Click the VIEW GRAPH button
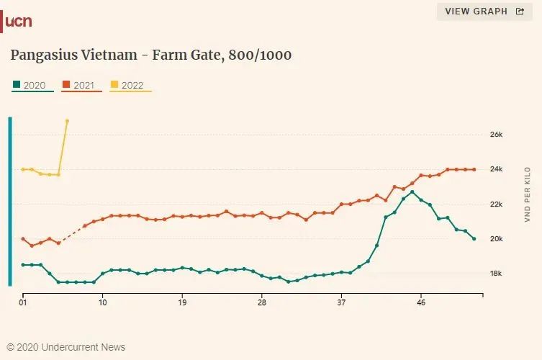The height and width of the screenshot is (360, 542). (484, 12)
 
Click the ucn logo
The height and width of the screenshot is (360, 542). (18, 22)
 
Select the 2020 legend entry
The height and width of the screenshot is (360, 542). (34, 85)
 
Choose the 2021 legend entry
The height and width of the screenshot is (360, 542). (83, 85)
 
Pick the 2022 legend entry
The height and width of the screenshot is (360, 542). (132, 85)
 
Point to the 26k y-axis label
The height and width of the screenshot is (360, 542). (495, 135)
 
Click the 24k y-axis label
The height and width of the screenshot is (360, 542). (495, 169)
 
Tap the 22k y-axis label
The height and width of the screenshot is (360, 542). (495, 204)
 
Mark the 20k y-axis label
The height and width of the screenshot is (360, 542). (495, 239)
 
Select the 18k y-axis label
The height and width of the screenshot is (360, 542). (495, 274)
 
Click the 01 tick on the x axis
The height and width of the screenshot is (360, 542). (23, 303)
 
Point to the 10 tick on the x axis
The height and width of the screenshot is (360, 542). (103, 303)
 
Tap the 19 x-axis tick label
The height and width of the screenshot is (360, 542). (183, 303)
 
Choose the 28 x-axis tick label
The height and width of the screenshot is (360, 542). (262, 303)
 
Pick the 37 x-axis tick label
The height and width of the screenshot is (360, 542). (342, 303)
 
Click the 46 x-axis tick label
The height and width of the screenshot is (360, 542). (421, 303)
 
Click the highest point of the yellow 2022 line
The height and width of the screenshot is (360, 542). (67, 120)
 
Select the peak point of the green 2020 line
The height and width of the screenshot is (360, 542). (412, 192)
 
